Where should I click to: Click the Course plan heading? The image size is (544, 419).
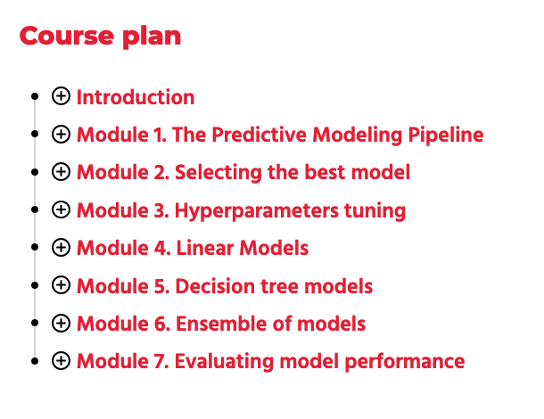pos(100,37)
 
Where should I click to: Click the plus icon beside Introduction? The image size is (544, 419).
pos(61,96)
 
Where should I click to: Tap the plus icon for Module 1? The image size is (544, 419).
pos(61,135)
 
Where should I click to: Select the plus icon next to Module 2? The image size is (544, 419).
pos(61,172)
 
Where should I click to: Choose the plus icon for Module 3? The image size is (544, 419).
pos(61,210)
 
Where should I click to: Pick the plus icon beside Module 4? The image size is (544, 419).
pos(61,248)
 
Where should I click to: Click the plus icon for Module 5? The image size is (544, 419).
pos(61,285)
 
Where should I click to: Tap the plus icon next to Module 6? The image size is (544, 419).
pos(61,324)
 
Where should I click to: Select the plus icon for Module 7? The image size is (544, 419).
pos(61,361)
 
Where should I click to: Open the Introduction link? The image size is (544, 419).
pos(136,97)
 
